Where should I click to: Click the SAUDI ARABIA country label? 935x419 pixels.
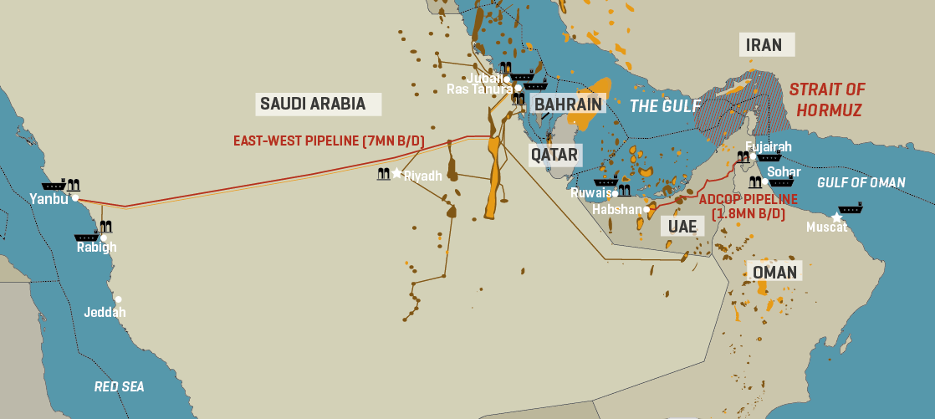[313, 104]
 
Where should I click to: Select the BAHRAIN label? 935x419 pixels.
[568, 104]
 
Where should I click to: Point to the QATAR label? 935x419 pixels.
[554, 155]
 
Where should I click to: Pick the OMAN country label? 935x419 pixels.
[774, 272]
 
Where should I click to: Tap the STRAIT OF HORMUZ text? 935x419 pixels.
[827, 100]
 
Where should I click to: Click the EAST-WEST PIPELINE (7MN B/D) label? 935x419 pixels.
[329, 141]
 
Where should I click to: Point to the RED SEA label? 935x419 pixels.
[119, 386]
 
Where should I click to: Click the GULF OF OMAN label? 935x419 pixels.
[861, 183]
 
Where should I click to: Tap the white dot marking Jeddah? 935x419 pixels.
[119, 299]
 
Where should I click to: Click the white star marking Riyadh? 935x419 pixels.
[397, 173]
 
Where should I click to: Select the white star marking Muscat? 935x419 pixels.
[836, 217]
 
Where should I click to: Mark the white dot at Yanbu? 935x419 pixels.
[75, 198]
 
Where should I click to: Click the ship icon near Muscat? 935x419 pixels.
[850, 207]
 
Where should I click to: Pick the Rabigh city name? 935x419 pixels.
[97, 248]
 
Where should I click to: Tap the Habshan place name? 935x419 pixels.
[616, 210]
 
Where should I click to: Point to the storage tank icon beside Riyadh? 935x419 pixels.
[384, 174]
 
